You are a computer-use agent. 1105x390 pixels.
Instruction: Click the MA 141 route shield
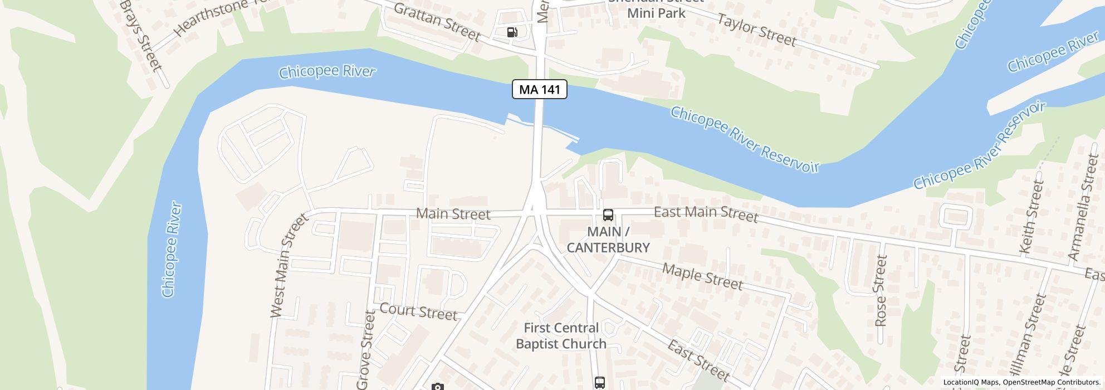tap(539, 89)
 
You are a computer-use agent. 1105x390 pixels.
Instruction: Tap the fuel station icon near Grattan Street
tap(512, 32)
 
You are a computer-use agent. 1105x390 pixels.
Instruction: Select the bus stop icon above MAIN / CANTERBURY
tap(608, 215)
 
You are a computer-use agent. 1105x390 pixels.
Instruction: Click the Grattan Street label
tap(437, 22)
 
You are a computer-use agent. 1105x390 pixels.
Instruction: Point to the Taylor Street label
tap(756, 30)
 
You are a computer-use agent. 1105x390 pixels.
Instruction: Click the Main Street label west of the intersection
tap(453, 214)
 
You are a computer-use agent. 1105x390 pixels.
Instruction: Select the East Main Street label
tap(706, 213)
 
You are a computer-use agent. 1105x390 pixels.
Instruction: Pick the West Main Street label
tap(288, 266)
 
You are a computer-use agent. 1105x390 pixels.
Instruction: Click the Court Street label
tap(418, 311)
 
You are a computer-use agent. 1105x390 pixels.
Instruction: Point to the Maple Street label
tap(702, 277)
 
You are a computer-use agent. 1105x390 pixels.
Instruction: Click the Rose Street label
tap(880, 290)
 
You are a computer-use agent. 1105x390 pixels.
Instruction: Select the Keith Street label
tap(1031, 218)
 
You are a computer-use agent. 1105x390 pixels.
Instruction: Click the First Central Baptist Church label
tap(561, 336)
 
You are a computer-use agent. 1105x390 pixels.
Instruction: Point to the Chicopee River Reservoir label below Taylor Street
tap(744, 139)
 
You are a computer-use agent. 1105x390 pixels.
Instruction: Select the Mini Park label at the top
tap(656, 12)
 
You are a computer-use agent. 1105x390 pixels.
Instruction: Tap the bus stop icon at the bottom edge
tap(599, 383)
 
